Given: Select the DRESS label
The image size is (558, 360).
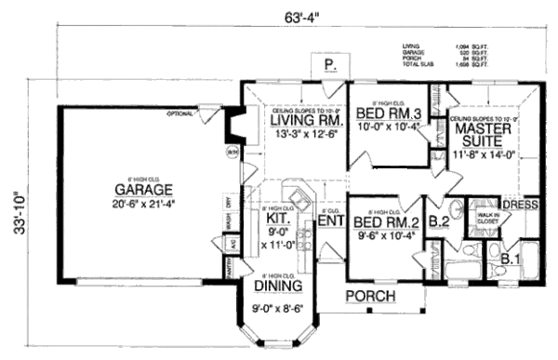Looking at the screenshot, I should point(520,203).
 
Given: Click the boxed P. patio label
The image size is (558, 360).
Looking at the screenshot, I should point(329,65).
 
